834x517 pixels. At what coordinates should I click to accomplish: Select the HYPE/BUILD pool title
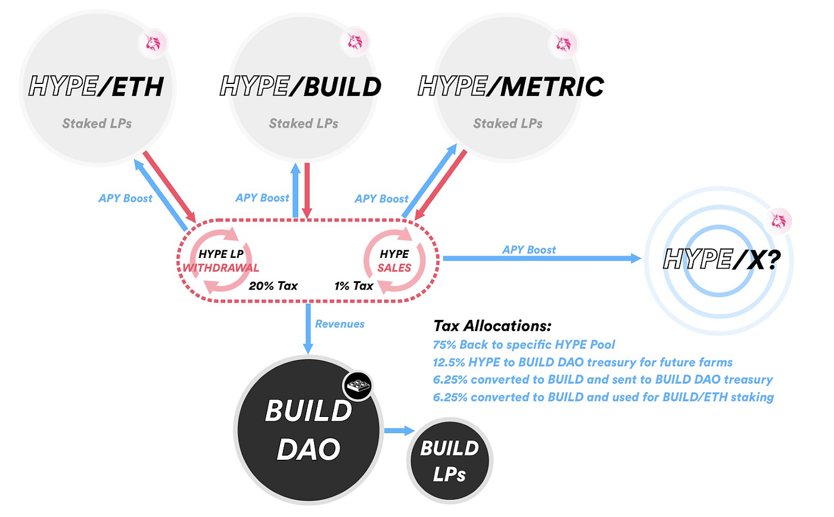tap(301, 87)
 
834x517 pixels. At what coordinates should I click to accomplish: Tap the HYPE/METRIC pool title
tap(511, 87)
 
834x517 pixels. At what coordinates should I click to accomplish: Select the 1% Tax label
tap(354, 286)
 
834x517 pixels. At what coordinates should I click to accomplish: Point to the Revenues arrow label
tap(340, 324)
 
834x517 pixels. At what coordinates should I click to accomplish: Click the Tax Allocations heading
tap(493, 326)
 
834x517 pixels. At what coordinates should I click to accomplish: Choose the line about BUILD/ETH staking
tap(603, 397)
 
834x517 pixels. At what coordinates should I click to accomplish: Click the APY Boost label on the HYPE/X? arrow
tap(530, 250)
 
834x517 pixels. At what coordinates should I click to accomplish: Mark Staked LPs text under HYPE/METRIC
tap(508, 123)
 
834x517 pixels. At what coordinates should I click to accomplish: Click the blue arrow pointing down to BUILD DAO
tap(309, 331)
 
